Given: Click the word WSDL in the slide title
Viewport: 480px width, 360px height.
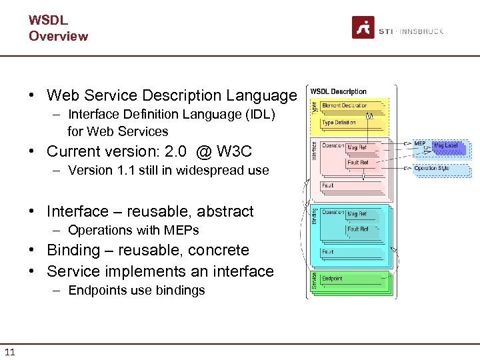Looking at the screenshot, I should (x=48, y=20).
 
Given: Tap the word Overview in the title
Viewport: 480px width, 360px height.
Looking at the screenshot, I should (x=58, y=36).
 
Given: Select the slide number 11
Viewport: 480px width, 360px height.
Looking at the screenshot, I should (x=9, y=351).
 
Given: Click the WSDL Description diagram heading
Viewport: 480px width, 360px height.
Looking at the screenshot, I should (x=339, y=91).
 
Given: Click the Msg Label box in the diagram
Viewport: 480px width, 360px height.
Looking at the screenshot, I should (x=445, y=145).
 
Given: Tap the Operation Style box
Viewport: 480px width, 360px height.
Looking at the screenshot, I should (x=431, y=169).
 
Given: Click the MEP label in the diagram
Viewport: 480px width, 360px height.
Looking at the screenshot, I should (x=419, y=143).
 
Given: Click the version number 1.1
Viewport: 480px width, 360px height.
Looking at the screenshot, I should (x=123, y=170).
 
